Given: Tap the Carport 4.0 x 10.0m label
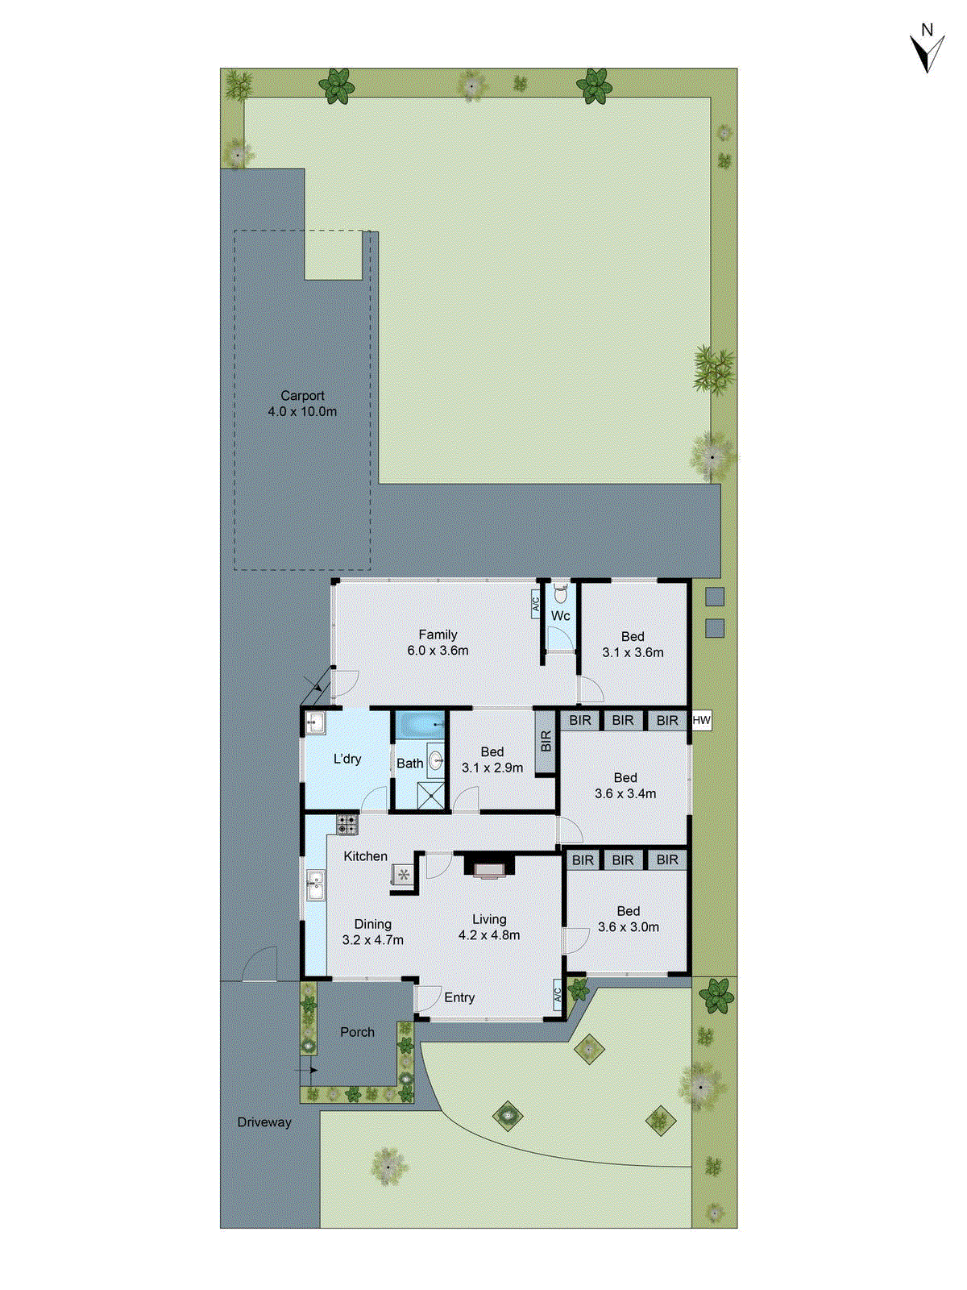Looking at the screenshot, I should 302,403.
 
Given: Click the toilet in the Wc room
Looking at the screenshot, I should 561,594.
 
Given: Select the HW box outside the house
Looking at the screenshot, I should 702,720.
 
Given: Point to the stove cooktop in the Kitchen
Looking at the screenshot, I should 347,824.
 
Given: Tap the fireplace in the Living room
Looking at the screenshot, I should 488,866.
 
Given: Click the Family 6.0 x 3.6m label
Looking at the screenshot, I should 438,643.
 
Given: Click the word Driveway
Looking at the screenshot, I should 264,1121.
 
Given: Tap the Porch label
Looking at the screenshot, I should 357,1032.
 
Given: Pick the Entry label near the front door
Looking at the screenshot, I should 459,997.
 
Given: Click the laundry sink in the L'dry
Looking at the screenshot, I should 314,723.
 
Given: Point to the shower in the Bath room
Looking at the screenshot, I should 431,795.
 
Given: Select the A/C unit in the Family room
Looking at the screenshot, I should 535,604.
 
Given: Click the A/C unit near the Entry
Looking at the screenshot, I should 557,996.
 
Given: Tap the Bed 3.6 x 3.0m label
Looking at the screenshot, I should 628,919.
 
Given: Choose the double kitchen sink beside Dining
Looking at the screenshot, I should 315,885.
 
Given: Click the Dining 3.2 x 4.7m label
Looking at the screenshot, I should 372,932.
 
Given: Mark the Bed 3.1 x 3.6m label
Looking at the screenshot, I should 633,644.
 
